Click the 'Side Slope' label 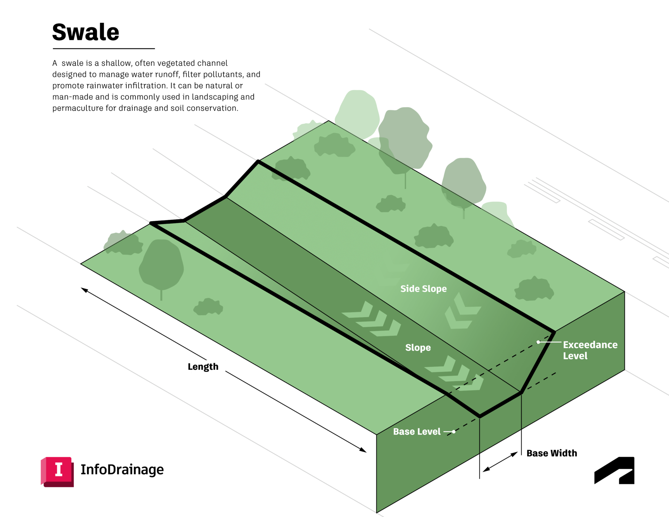click(x=423, y=289)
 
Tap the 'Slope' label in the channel click(x=418, y=348)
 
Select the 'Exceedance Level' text click(x=590, y=350)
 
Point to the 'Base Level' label click(x=417, y=432)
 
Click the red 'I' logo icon click(x=57, y=471)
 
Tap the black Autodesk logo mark click(x=614, y=471)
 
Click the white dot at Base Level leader click(x=454, y=432)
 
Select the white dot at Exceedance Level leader click(x=538, y=342)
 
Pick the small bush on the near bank click(x=208, y=307)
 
